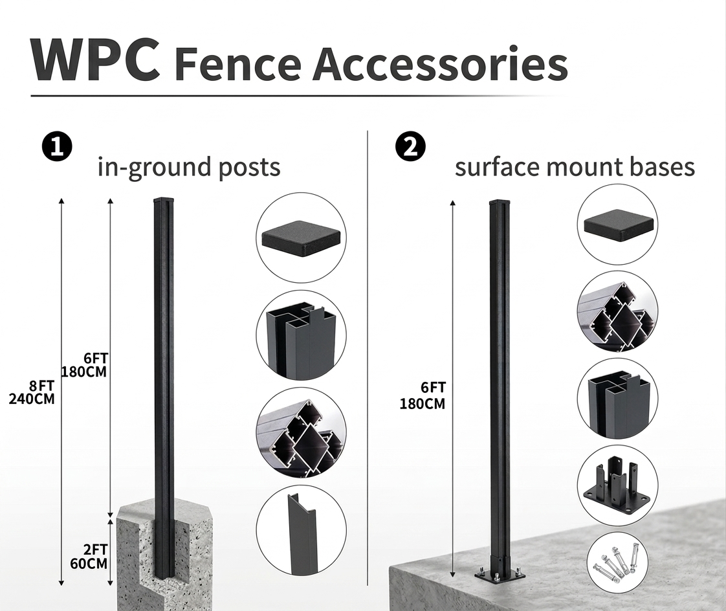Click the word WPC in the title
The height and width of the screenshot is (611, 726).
click(x=94, y=60)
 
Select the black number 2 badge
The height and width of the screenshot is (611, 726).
click(x=410, y=147)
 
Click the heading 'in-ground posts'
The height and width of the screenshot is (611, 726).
click(x=189, y=167)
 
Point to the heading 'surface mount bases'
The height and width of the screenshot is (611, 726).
click(x=575, y=167)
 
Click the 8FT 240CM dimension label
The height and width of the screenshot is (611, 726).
click(x=32, y=392)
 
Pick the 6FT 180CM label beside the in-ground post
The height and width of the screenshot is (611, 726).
click(x=84, y=366)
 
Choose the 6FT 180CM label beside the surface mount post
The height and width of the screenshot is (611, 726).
click(x=423, y=395)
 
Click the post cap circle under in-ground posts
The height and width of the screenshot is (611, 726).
click(x=301, y=238)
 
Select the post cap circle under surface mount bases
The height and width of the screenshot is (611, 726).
click(x=617, y=224)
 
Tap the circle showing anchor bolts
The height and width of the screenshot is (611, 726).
click(x=617, y=561)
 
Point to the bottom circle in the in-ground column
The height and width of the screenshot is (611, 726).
click(x=301, y=530)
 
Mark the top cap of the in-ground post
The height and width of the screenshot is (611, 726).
click(x=163, y=201)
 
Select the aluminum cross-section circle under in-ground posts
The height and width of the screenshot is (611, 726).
click(x=301, y=432)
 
